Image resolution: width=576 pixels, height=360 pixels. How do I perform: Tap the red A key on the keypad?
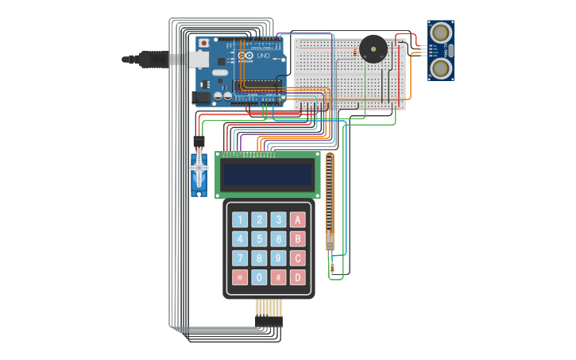point(297,220)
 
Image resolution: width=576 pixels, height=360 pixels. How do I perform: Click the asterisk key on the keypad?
point(239,277)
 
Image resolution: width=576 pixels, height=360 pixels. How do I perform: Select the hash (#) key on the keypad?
point(278,277)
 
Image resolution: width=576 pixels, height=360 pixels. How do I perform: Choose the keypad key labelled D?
point(297,277)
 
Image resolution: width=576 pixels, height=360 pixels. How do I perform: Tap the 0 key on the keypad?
point(259,277)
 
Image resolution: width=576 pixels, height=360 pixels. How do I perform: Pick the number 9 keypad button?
point(278,258)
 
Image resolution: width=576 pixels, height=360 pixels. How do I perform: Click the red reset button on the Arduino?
point(204,42)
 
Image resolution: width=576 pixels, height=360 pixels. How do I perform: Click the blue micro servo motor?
point(198,176)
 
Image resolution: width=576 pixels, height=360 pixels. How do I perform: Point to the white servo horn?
point(198,167)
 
